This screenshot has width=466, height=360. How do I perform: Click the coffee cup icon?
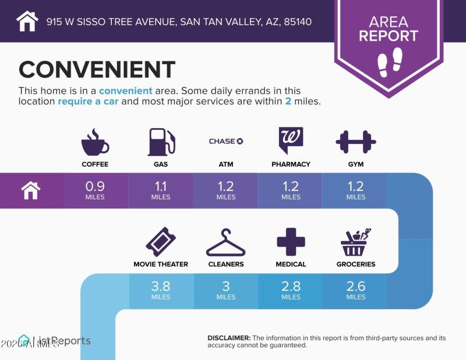point(94,142)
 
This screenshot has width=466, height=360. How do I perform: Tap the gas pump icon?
point(161,142)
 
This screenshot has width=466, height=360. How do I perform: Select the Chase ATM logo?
point(226,141)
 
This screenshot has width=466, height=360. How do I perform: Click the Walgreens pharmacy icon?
point(291,140)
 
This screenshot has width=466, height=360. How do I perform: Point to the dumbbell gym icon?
point(356,142)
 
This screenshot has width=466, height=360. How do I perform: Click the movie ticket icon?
point(161,242)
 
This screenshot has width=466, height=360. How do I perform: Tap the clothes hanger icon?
point(226,242)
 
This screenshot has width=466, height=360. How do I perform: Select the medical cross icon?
point(291,242)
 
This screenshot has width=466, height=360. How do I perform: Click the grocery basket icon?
point(356,242)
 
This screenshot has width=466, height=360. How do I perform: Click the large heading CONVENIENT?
point(97,69)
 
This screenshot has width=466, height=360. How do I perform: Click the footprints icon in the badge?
point(389,61)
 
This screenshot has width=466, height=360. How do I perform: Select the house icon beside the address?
point(27,21)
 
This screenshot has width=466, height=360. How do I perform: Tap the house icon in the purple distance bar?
point(31,190)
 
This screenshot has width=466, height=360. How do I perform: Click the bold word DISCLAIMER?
point(229,338)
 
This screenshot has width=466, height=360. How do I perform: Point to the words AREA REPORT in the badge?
point(389,29)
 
